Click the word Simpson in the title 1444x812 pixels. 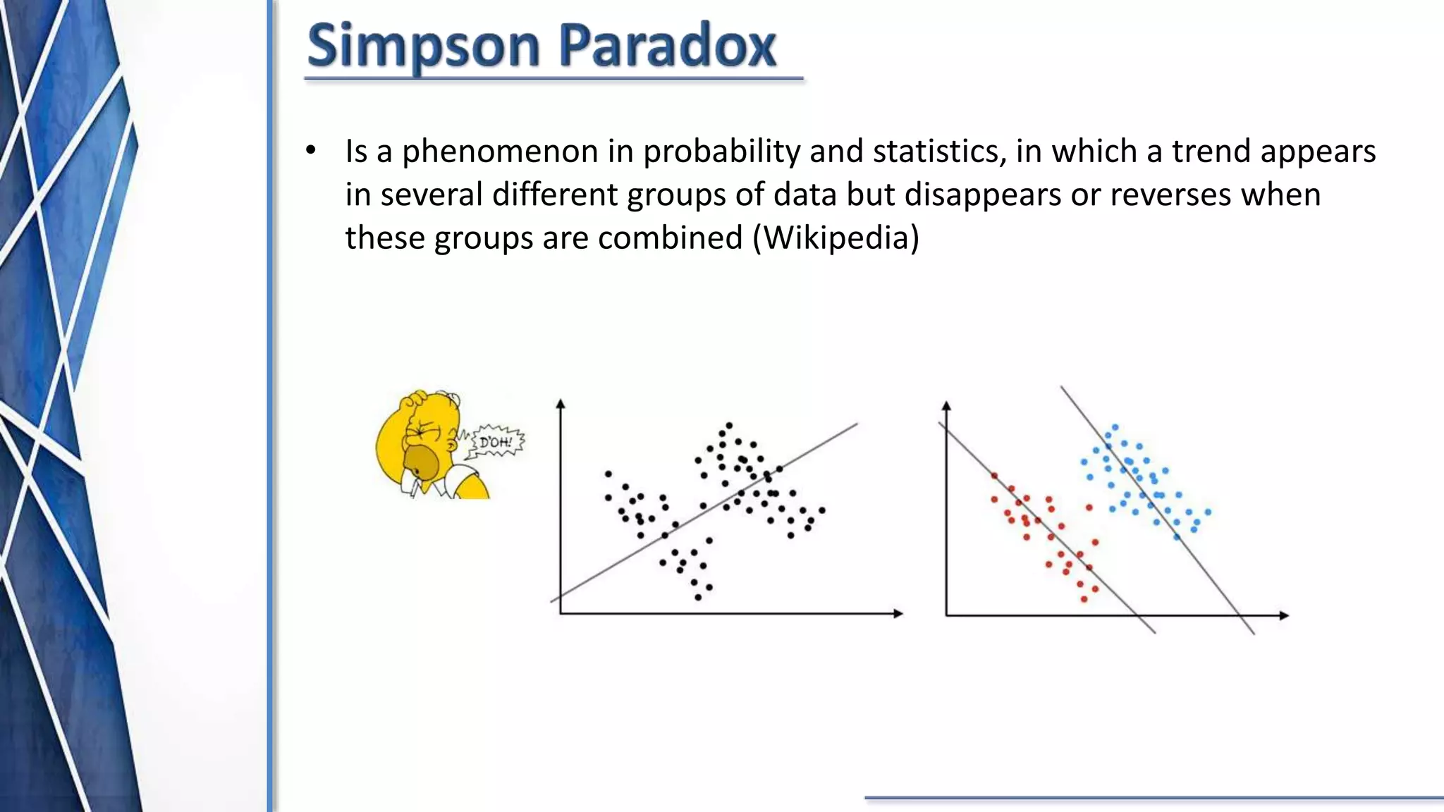point(423,47)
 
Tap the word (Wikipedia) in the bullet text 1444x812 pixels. point(836,237)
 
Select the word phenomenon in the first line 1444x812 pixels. point(500,152)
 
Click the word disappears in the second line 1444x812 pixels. point(983,194)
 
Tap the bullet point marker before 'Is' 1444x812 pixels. point(311,151)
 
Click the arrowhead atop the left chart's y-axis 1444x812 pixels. point(561,403)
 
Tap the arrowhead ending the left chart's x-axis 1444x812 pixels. point(898,613)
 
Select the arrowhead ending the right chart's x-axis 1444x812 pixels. point(1284,615)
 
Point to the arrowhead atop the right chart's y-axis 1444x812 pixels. point(946,405)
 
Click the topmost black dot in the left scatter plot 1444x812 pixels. point(729,425)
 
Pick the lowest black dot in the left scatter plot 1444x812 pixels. point(698,597)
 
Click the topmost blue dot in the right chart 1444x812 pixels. point(1115,427)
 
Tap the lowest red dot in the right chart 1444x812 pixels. point(1084,599)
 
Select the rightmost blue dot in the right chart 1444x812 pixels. point(1208,512)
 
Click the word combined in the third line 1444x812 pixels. point(671,237)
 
